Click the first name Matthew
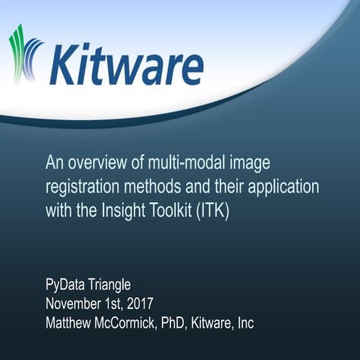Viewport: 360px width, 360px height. click(73, 324)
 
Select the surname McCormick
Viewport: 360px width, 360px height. click(140, 324)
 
